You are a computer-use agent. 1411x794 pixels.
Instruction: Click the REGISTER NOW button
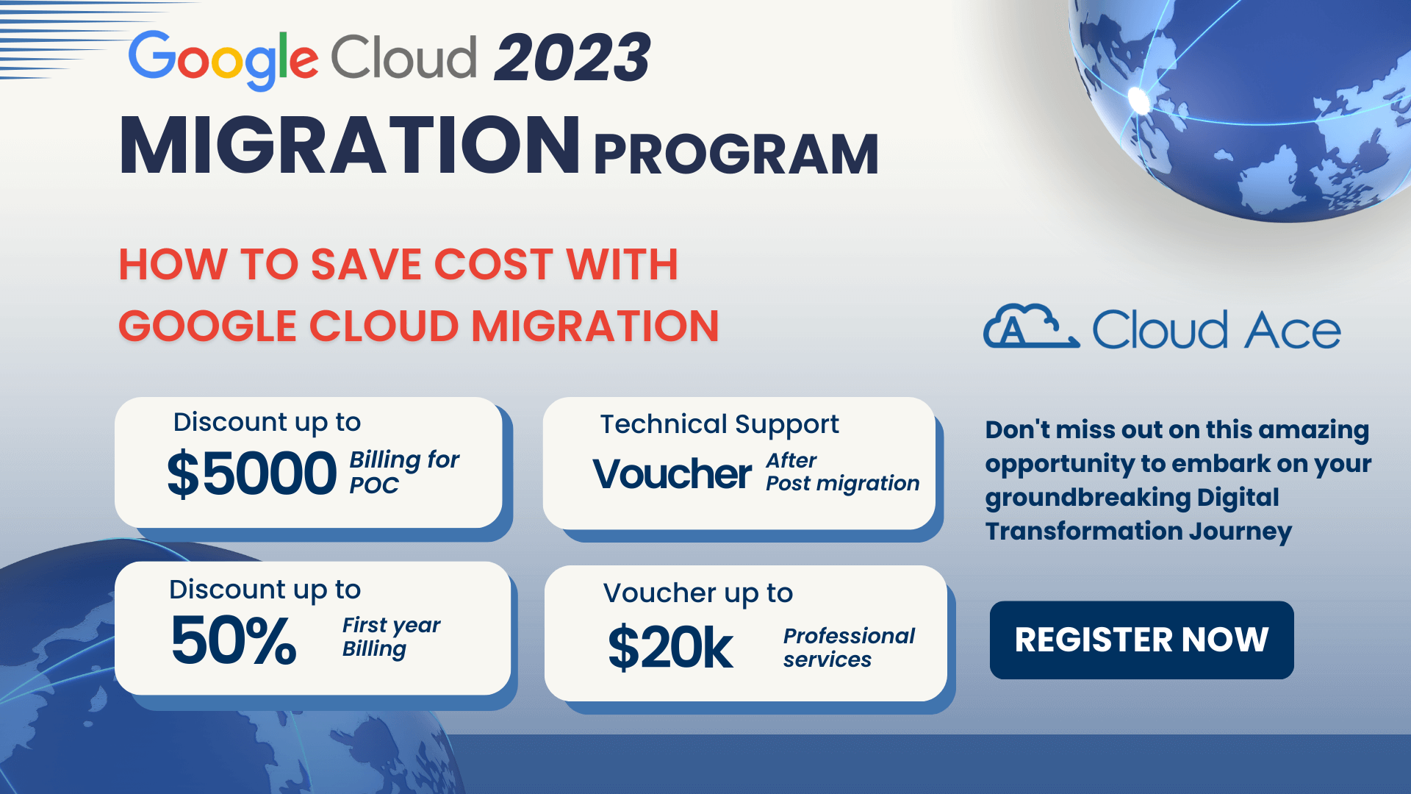[x=1141, y=640]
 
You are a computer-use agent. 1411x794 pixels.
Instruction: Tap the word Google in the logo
[x=223, y=60]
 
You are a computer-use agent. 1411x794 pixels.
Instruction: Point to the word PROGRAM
[x=736, y=154]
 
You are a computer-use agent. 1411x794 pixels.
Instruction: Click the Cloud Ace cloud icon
[x=1031, y=326]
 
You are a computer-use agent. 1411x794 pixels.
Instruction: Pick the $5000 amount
[x=251, y=474]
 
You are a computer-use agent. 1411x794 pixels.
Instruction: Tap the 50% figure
[x=234, y=640]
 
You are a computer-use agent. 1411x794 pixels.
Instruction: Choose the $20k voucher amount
[x=670, y=648]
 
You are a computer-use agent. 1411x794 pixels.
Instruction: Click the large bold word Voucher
[x=672, y=474]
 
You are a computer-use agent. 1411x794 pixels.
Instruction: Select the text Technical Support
[x=719, y=425]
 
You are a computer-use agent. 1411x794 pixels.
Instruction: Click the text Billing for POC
[x=404, y=472]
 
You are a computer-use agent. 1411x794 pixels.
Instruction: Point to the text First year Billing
[x=391, y=637]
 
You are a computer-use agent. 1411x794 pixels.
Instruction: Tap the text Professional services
[x=849, y=647]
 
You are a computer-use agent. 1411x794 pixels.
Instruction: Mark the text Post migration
[x=842, y=483]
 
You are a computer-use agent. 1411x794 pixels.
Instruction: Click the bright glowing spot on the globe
[x=1139, y=99]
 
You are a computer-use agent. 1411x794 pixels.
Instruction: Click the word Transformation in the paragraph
[x=1083, y=531]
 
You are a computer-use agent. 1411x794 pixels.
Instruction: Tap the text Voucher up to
[x=698, y=593]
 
